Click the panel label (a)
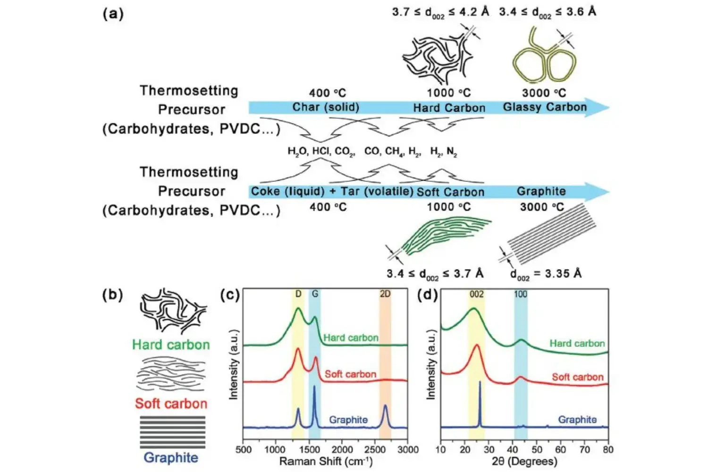(x=113, y=14)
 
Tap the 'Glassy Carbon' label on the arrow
(x=544, y=107)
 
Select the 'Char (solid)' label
(x=326, y=107)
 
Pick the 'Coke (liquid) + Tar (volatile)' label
(x=332, y=192)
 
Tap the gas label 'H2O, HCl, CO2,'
(x=321, y=152)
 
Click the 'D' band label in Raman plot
(x=298, y=294)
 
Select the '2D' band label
(x=385, y=294)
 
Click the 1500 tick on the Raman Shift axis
(x=310, y=450)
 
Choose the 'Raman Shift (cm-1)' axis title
(x=326, y=461)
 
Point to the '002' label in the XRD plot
(x=476, y=295)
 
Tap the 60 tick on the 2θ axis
(x=560, y=450)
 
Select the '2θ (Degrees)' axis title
(x=524, y=461)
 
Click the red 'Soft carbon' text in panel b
(x=171, y=404)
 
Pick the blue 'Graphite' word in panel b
(x=171, y=457)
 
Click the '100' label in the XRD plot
(x=520, y=295)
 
